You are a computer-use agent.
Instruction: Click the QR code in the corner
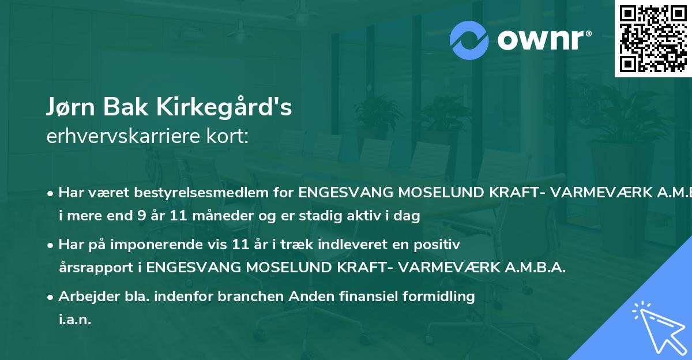point(653,38)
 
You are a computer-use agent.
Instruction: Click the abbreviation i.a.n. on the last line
point(75,320)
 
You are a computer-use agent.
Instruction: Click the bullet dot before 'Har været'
point(51,193)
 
